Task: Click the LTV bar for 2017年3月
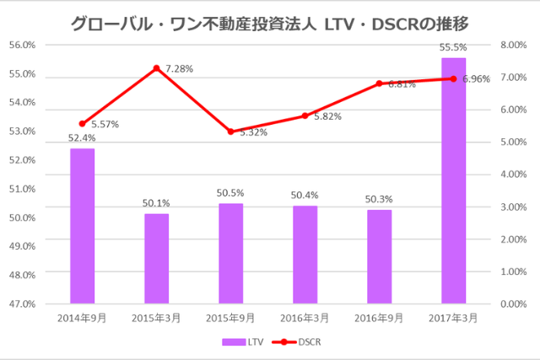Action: [453, 180]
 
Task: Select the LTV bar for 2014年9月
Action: [82, 226]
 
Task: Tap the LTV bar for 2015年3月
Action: [156, 258]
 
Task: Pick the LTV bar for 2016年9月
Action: [379, 256]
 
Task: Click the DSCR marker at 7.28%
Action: [156, 67]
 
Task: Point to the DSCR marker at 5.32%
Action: [230, 132]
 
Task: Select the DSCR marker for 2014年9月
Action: [82, 123]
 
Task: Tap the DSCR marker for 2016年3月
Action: [305, 116]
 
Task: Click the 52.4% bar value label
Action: [82, 138]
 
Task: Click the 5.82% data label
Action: [327, 117]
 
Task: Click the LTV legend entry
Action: [244, 341]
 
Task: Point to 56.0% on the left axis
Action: [22, 45]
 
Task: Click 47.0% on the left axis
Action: [22, 304]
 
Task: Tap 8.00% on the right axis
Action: [514, 45]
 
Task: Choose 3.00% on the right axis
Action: [514, 207]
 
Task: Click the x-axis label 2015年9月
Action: [230, 318]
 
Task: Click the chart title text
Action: [270, 20]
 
